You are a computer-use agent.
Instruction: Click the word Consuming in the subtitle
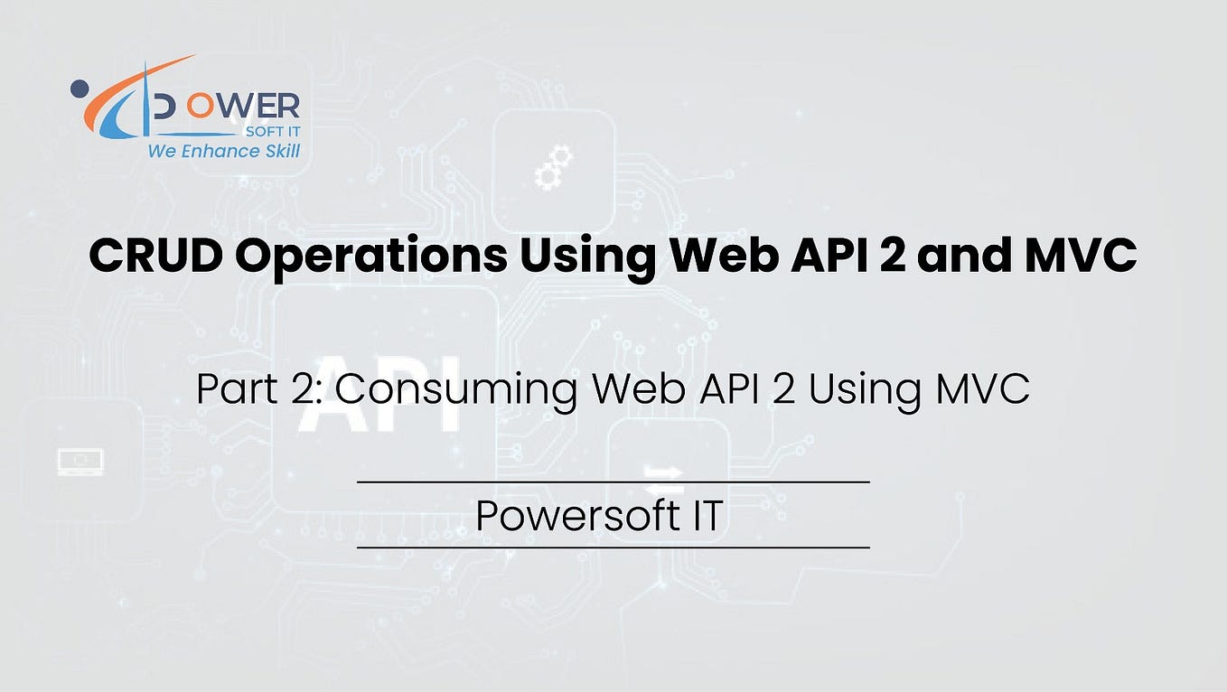pos(457,390)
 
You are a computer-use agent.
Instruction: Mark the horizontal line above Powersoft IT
pos(613,482)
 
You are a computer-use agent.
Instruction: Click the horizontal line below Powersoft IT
pos(613,547)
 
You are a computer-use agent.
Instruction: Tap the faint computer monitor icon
pos(80,462)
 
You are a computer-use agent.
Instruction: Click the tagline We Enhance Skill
pos(223,151)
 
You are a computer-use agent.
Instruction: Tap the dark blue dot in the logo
pos(79,89)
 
